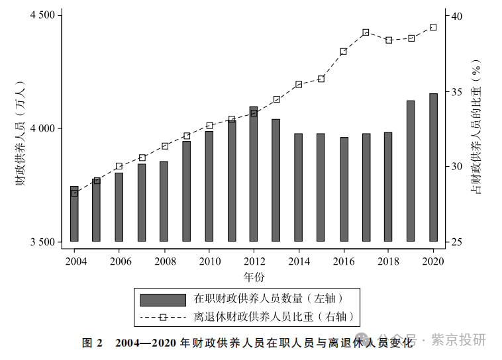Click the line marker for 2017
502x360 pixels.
(x=366, y=32)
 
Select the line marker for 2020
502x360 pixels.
(x=433, y=27)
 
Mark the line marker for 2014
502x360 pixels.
(x=299, y=84)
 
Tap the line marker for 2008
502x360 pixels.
(x=164, y=146)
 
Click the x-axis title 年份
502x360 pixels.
(x=254, y=275)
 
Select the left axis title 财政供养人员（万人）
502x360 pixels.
(x=20, y=132)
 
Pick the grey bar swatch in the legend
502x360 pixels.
(x=163, y=299)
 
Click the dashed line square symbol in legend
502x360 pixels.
(x=163, y=317)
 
